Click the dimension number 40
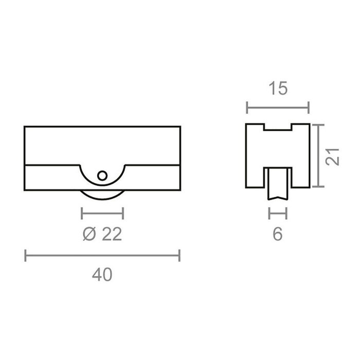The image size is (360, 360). click(103, 275)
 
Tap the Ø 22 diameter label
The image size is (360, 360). click(102, 235)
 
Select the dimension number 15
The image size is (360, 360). click(278, 88)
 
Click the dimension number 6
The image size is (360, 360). click(278, 235)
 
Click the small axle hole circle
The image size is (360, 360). click(102, 175)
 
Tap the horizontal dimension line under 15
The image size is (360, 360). click(278, 107)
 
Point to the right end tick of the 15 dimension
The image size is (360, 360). click(309, 107)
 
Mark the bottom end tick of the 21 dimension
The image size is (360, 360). click(319, 187)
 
